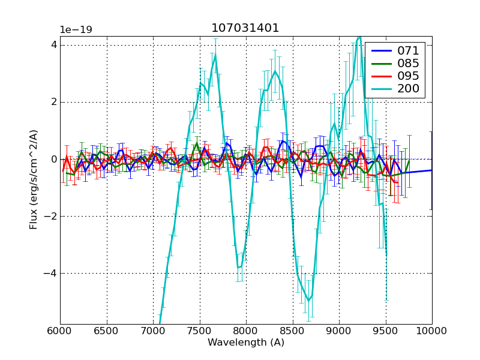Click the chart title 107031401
(245, 28)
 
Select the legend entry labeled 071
(408, 51)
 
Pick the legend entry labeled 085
(408, 64)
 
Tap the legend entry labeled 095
(408, 76)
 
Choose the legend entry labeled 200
(408, 89)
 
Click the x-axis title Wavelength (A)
(246, 343)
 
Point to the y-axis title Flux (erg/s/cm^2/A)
(34, 179)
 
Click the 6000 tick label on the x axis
(60, 331)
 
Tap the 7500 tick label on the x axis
(200, 331)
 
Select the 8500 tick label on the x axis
(293, 331)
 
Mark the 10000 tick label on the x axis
(432, 331)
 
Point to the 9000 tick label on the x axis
(339, 331)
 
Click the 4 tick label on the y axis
(54, 44)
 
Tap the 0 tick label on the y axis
(54, 159)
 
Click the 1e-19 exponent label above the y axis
(76, 30)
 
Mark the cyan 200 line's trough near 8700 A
(308, 301)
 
